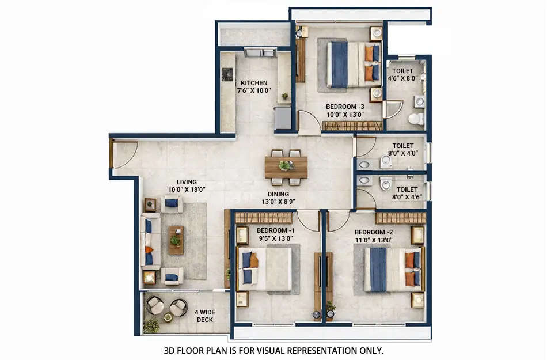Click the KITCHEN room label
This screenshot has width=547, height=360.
253,83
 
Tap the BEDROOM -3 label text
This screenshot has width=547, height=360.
344,107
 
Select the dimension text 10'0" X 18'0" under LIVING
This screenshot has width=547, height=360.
187,189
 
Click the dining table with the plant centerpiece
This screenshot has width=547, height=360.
286,167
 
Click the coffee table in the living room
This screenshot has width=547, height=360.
176,240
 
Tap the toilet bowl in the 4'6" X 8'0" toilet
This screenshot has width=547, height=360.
415,119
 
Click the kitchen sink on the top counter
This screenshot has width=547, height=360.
261,53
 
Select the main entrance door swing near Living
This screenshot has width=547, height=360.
123,155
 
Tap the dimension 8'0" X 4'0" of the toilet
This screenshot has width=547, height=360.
403,154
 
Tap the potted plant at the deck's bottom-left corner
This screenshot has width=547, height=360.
151,326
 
